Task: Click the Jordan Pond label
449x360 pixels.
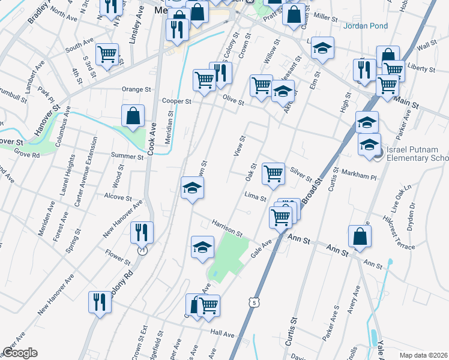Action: pyautogui.click(x=366, y=26)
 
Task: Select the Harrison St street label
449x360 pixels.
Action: pyautogui.click(x=226, y=227)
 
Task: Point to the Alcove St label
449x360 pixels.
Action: pyautogui.click(x=117, y=197)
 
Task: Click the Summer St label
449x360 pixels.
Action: pyautogui.click(x=127, y=156)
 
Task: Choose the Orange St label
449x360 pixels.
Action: pyautogui.click(x=136, y=89)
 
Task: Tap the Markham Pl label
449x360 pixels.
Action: pyautogui.click(x=358, y=178)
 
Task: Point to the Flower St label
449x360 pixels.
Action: pyautogui.click(x=118, y=256)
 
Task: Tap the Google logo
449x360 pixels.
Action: pyautogui.click(x=20, y=353)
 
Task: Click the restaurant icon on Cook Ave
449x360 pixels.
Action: pyautogui.click(x=142, y=232)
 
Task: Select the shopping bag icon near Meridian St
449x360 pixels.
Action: pyautogui.click(x=133, y=116)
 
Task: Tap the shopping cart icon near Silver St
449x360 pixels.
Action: pyautogui.click(x=273, y=174)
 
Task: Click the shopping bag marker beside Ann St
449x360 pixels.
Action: pyautogui.click(x=360, y=236)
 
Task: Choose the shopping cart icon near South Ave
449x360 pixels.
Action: pyautogui.click(x=107, y=55)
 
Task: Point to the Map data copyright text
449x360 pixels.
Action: pyautogui.click(x=423, y=355)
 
